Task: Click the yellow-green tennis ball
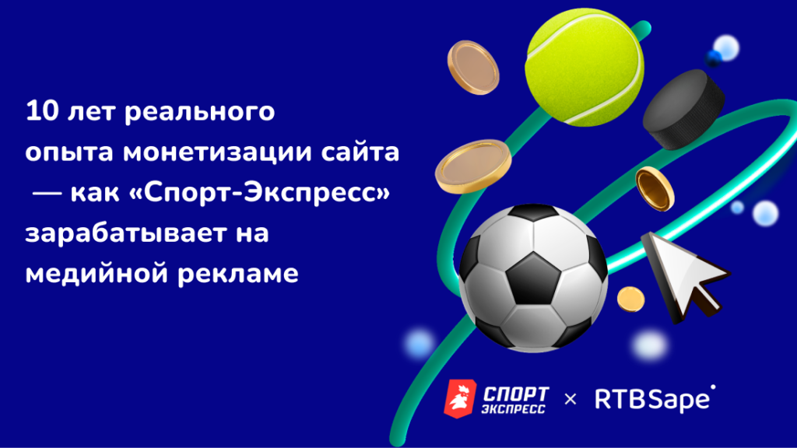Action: (585, 67)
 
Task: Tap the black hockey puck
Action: (683, 109)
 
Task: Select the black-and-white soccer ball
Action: (533, 278)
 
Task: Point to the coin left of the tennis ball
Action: (473, 68)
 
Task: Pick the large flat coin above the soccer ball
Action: (473, 166)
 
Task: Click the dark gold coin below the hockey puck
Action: (655, 188)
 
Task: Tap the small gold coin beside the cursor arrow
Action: (630, 299)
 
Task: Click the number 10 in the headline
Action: (42, 111)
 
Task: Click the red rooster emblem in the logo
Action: (460, 399)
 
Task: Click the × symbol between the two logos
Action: (571, 399)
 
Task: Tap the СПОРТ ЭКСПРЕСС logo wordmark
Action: (515, 401)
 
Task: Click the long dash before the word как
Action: (47, 193)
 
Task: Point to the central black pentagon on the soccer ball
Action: (533, 279)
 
